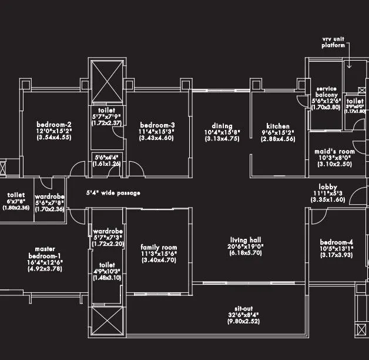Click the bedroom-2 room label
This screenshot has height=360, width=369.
coord(53,124)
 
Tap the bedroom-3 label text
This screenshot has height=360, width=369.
coord(157,124)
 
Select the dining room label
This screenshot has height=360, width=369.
coord(222,126)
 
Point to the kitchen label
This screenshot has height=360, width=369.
coord(277,126)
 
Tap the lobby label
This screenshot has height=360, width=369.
coord(323,186)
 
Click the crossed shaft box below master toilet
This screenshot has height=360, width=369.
coord(106,322)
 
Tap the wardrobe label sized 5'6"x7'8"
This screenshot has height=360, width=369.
coord(49,196)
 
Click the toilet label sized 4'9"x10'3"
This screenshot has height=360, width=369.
coord(106,265)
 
